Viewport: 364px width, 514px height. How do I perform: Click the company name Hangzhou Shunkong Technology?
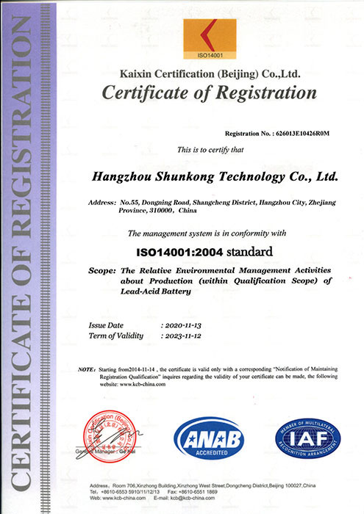tap(213, 177)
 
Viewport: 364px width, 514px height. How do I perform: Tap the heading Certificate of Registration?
tap(210, 93)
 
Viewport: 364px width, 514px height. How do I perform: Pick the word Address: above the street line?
tap(101, 201)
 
